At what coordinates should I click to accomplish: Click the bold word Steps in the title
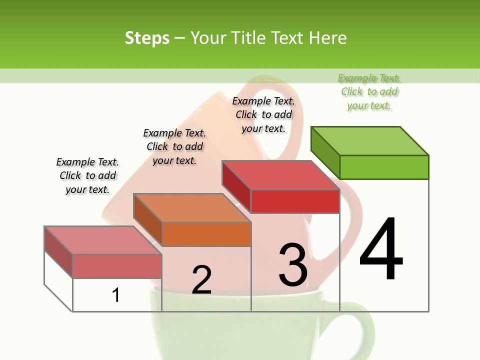pos(147,38)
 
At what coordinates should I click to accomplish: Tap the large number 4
pos(381,249)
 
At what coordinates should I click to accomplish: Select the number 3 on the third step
pos(293,264)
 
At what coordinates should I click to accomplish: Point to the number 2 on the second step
pos(201,280)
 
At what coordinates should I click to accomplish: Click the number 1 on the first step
pos(116,295)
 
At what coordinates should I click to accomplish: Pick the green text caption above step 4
pos(369,92)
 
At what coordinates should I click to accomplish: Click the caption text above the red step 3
pos(263,114)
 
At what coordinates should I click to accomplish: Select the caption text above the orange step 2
pos(174,146)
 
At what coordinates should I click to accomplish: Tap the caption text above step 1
pos(87,175)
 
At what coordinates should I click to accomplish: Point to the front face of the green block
pos(384,167)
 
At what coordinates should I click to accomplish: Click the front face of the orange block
pos(206,234)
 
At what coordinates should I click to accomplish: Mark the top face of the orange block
pos(192,207)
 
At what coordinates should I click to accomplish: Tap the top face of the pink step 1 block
pos(103,240)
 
